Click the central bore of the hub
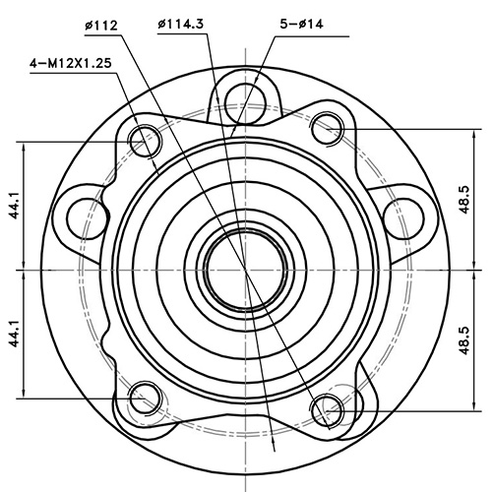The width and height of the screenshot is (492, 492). pyautogui.click(x=244, y=267)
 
